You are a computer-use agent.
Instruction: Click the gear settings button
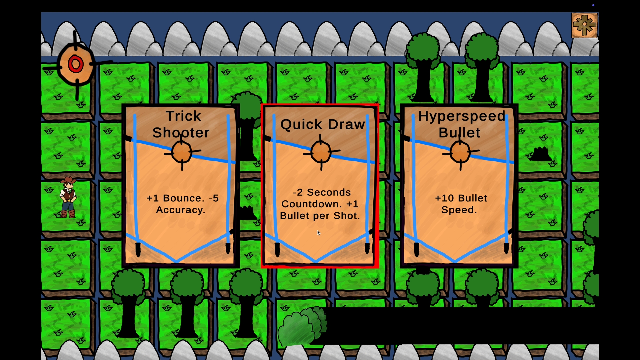[x=584, y=25]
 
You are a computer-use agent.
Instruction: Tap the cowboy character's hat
[x=68, y=180]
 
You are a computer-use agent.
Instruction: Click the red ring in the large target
[x=76, y=64]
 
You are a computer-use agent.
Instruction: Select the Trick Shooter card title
[x=181, y=124]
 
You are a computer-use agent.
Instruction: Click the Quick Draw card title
[x=322, y=124]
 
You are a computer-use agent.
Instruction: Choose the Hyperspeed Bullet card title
[x=461, y=124]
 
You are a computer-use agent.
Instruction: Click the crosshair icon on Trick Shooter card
[x=182, y=152]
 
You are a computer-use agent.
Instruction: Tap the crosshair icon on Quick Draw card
[x=321, y=152]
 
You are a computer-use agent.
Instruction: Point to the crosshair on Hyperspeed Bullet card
[x=460, y=152]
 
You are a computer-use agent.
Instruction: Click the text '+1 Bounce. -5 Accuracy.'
[x=182, y=204]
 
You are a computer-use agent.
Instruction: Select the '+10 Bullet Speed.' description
[x=461, y=204]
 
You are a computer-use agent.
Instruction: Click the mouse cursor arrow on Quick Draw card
[x=319, y=233]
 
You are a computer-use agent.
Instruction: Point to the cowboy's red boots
[x=68, y=214]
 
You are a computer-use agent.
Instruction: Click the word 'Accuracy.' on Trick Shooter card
[x=180, y=210]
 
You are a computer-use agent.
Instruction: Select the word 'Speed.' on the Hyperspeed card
[x=459, y=210]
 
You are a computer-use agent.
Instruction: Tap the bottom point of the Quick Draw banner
[x=315, y=262]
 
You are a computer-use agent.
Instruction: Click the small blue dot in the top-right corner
[x=593, y=5]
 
